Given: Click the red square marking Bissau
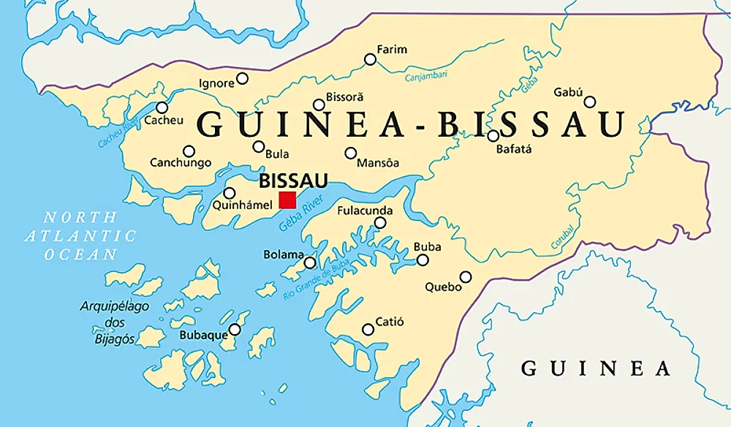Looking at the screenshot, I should point(287,200).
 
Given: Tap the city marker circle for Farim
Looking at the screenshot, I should point(371,59).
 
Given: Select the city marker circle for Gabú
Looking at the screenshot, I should point(590,102).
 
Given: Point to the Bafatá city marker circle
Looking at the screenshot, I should point(493,135).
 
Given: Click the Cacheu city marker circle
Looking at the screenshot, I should point(162,107).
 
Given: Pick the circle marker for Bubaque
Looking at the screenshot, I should point(235,330).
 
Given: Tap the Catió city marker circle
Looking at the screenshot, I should point(368,330).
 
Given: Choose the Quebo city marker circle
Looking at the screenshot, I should point(466,276).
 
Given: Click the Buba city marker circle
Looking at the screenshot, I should point(423,260).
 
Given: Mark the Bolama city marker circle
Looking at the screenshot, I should point(310,262).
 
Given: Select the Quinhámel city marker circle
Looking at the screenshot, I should point(229,193).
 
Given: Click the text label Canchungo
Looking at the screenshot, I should point(180,163).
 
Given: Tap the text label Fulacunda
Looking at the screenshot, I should point(365,211).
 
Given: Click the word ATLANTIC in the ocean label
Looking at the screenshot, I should point(80,235).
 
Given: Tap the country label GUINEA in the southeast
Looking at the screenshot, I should point(595,368).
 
